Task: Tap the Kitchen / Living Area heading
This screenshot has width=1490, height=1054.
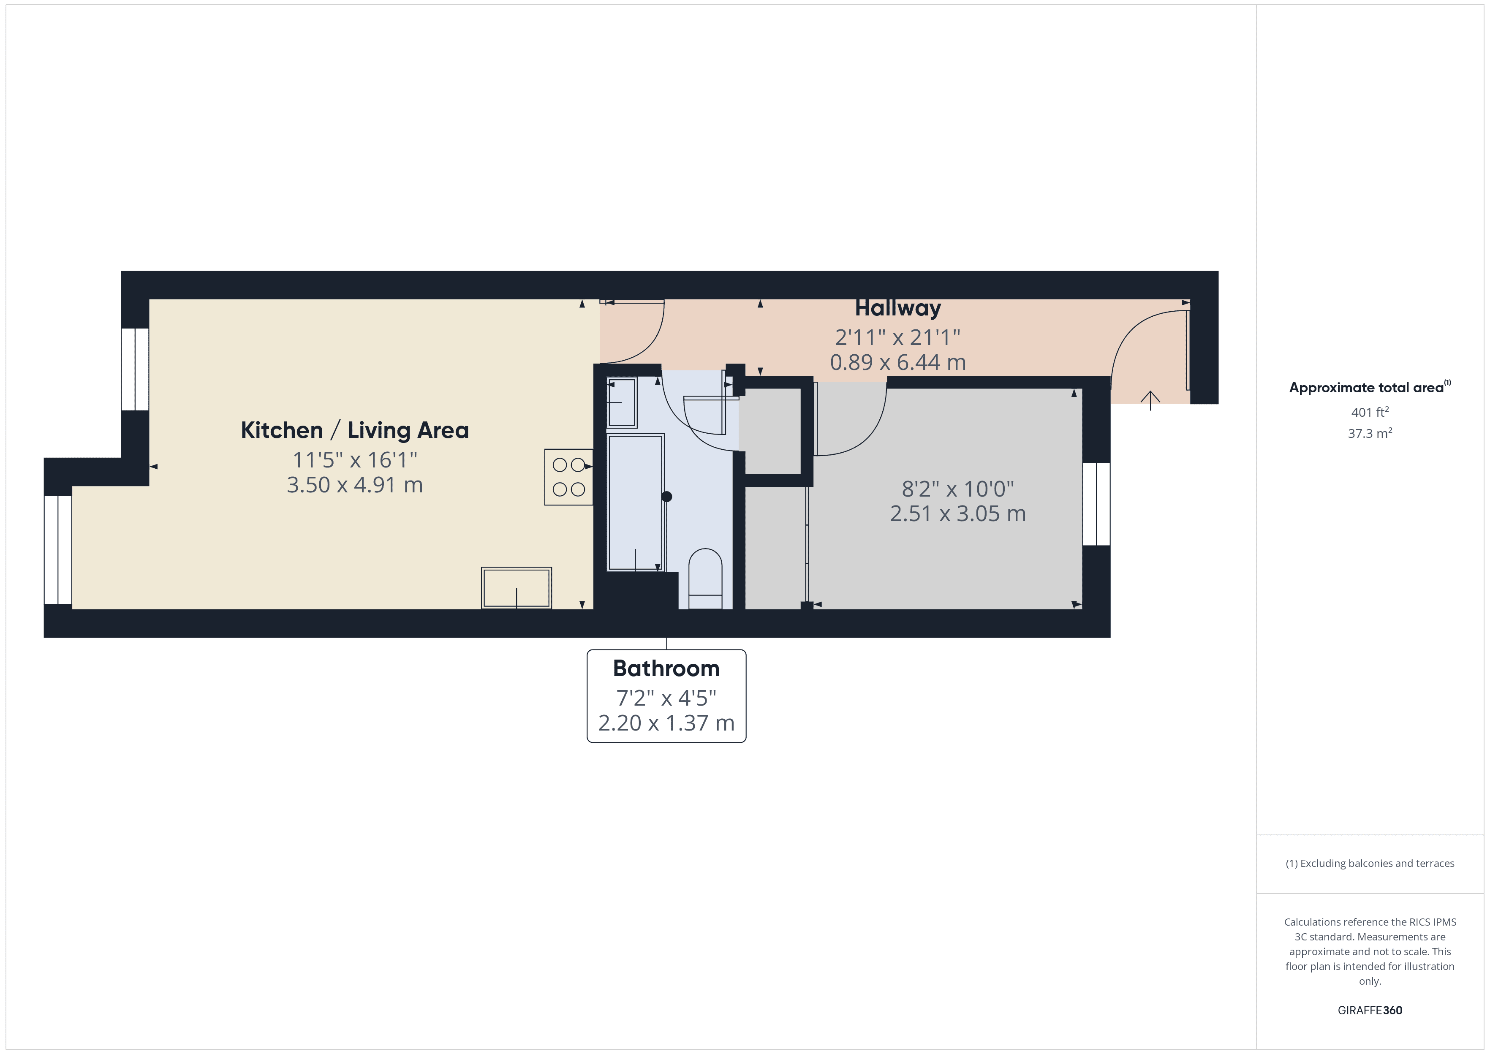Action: click(x=354, y=430)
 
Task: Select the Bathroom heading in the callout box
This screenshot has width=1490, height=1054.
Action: click(x=666, y=668)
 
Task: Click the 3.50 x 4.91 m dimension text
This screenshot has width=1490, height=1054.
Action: click(x=354, y=485)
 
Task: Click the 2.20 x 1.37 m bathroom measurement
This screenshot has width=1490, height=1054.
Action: click(x=666, y=723)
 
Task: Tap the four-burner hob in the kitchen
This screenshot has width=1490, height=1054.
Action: click(x=568, y=477)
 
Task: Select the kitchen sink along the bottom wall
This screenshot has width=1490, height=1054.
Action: click(x=516, y=588)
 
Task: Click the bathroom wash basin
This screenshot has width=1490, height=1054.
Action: click(x=621, y=403)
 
